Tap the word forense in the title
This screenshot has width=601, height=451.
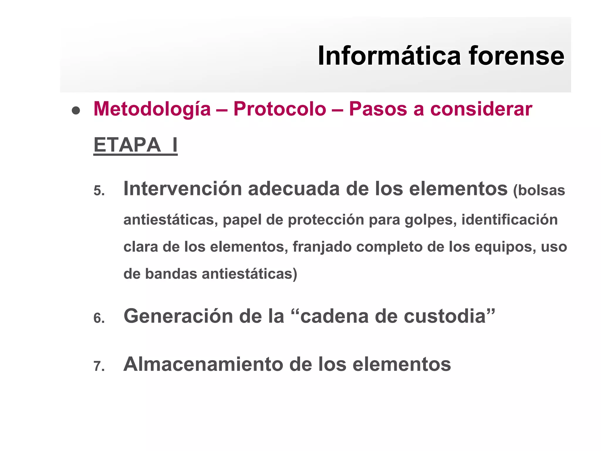coord(516,56)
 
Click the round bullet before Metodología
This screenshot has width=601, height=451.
coord(76,110)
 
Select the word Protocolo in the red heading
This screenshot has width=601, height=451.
coord(280,109)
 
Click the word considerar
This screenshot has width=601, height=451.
coord(481,109)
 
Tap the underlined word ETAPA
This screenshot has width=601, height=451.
coord(127,145)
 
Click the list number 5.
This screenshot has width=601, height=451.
coord(99,191)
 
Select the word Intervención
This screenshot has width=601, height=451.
coord(183,189)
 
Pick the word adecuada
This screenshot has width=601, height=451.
coord(294,189)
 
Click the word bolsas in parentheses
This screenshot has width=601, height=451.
coord(541,190)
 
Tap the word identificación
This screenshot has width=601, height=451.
coord(509,220)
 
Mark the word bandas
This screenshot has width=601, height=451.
coord(171,274)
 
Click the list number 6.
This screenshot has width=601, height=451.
coord(99,318)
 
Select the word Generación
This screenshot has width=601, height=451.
coord(178,316)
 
